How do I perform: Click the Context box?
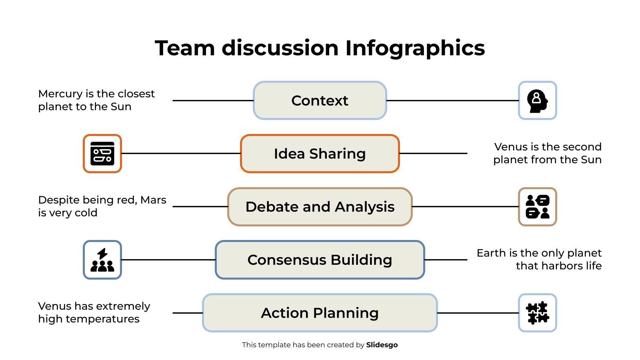click(x=320, y=100)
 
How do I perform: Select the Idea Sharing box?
click(x=320, y=154)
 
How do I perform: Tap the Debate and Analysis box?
click(x=320, y=207)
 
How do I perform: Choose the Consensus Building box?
click(x=320, y=260)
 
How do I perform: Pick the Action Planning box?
click(x=320, y=313)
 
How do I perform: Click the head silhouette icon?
click(x=537, y=100)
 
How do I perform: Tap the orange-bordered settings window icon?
click(x=102, y=154)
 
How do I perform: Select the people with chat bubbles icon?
click(x=537, y=207)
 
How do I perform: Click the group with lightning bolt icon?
click(x=102, y=260)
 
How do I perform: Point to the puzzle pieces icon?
click(x=537, y=313)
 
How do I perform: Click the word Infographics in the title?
click(x=415, y=48)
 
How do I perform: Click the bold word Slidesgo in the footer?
click(x=382, y=345)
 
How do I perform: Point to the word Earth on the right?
click(x=491, y=253)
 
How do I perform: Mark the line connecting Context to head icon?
click(x=452, y=100)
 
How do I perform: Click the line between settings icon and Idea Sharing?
click(x=180, y=153)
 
